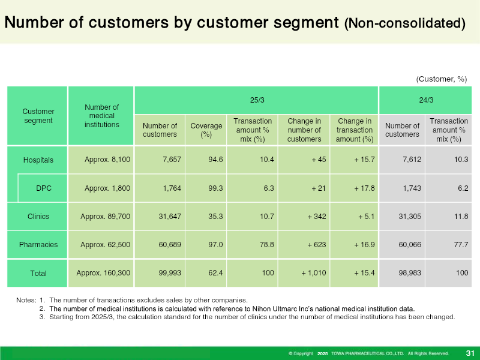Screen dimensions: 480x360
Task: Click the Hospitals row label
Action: (38, 160)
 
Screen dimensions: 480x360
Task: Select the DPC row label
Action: (44, 188)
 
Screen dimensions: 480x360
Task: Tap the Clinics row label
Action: (38, 216)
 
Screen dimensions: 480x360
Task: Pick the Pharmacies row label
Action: (38, 244)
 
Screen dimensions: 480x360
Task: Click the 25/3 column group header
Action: (257, 100)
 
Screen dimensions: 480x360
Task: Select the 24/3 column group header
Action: (426, 100)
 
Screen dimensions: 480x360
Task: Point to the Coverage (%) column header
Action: (206, 130)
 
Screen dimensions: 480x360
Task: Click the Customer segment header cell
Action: (38, 116)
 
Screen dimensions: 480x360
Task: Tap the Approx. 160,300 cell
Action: (103, 273)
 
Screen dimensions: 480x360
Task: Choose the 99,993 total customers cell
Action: (170, 273)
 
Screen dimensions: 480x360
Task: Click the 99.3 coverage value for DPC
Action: (215, 188)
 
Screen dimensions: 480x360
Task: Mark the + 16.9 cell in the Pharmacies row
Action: (364, 245)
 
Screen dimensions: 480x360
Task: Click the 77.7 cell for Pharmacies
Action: (461, 245)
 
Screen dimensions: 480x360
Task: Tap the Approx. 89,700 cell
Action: (106, 217)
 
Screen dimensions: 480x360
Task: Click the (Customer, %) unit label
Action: (442, 79)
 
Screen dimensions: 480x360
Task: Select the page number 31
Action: (470, 353)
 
